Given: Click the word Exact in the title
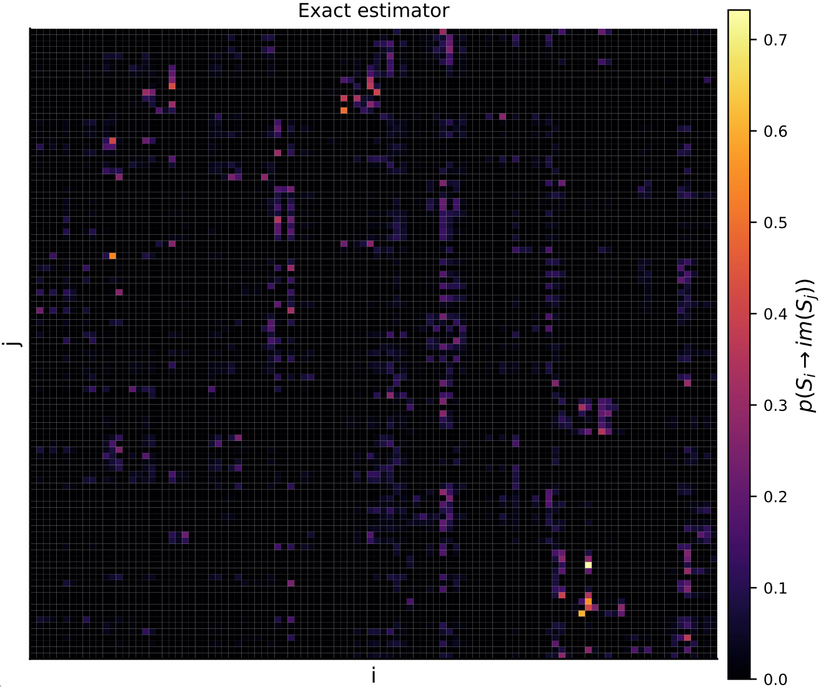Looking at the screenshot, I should tap(319, 11).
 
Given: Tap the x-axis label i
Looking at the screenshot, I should tap(374, 675).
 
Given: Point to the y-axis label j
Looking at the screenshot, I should tap(12, 343).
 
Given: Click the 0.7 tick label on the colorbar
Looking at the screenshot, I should tap(775, 40).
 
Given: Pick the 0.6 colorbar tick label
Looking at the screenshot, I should tap(775, 132).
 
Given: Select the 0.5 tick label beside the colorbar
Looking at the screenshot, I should tap(775, 223).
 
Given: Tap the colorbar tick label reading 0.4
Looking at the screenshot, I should tap(775, 314).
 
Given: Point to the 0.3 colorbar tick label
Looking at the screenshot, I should tap(775, 405).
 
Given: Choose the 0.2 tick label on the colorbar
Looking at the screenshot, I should tap(775, 497).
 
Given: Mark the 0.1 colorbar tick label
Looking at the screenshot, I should tap(775, 588).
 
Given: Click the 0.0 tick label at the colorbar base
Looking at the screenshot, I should tap(775, 679).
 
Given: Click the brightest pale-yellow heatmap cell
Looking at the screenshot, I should tap(588, 565).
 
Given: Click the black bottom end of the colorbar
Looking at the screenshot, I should tap(739, 675).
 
